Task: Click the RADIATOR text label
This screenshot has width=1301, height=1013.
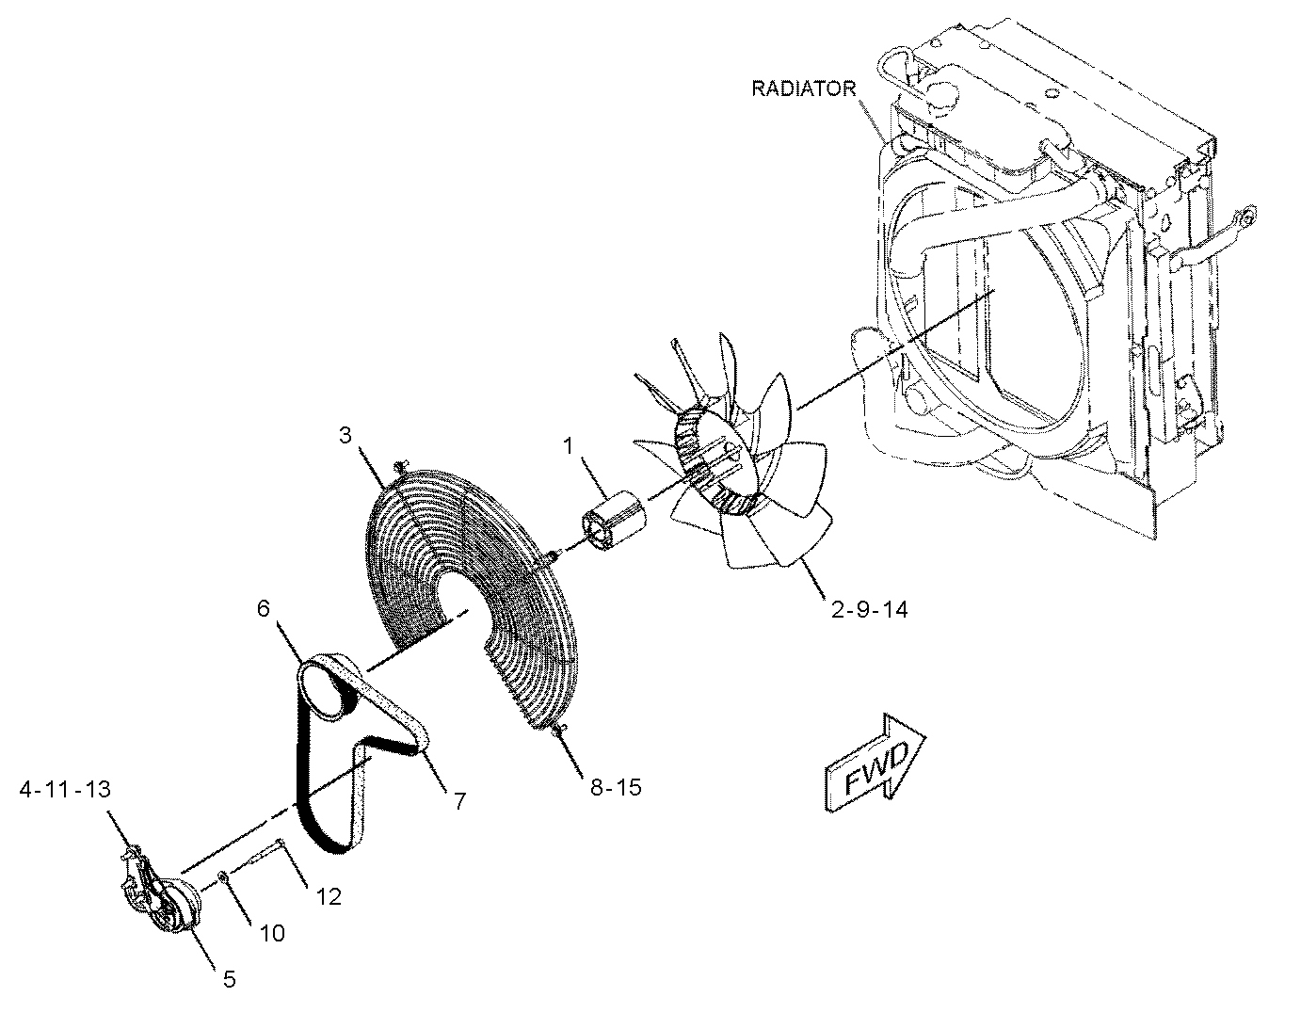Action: point(803,88)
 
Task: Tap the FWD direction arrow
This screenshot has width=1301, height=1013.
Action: point(875,764)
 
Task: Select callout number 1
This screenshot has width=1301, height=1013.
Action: point(569,446)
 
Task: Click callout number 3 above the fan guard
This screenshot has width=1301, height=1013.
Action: point(345,435)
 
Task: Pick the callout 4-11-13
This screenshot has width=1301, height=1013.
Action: point(65,789)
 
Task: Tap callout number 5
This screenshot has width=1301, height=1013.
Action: point(230,979)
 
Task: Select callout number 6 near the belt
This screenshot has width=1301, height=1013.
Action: point(264,609)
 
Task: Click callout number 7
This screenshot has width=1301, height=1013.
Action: point(459,801)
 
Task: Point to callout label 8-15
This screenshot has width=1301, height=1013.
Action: point(616,787)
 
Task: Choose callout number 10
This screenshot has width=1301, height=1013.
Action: point(272,933)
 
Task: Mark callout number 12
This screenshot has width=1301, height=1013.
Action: point(329,896)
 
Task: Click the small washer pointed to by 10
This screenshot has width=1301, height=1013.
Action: point(222,877)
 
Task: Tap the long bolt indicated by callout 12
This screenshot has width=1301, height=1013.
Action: point(257,853)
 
